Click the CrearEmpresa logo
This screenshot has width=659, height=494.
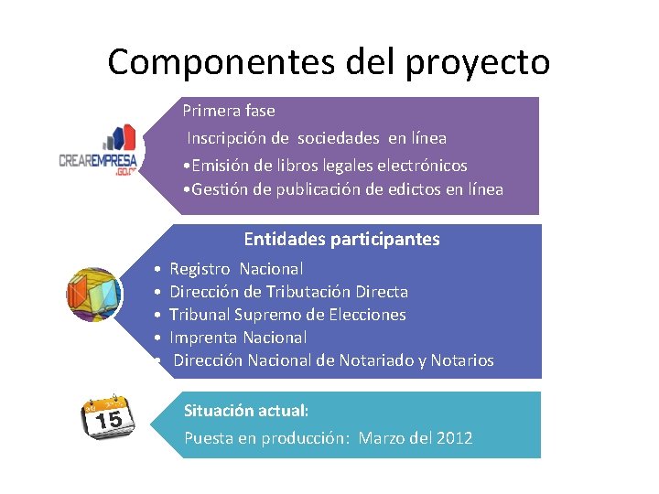[98, 149]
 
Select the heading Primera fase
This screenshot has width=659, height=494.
[229, 111]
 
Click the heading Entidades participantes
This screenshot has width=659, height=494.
[341, 240]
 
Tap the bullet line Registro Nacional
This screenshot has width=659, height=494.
[236, 269]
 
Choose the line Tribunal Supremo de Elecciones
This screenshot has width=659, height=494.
[287, 315]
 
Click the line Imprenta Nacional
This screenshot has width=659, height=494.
[238, 338]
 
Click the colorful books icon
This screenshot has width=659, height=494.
[93, 295]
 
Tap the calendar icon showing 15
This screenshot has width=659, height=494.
[108, 417]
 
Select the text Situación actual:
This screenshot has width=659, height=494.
[246, 411]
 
